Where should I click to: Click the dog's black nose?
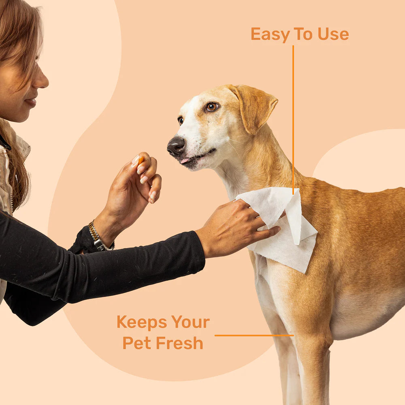[176, 146]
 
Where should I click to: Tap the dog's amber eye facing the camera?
[212, 107]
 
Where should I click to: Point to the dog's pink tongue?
[185, 160]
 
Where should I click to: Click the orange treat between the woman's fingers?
[141, 160]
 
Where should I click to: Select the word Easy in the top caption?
[269, 34]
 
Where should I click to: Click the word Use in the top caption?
[333, 34]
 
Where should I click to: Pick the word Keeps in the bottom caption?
[142, 322]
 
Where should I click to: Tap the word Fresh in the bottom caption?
[179, 343]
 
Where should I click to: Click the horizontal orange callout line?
[254, 335]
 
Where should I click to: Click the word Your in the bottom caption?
[190, 322]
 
